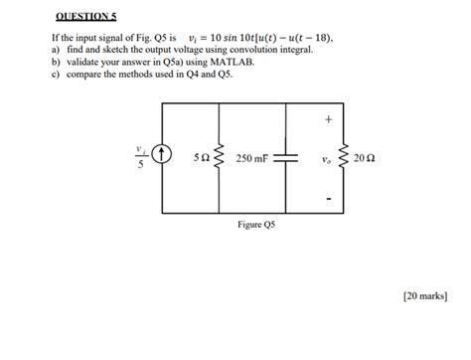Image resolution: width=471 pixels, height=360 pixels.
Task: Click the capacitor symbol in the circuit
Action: (285, 157)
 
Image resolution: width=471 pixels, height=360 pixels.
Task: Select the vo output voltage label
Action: (328, 158)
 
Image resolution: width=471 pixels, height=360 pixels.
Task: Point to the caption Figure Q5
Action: (256, 226)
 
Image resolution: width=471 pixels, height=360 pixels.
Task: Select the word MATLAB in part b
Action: (213, 62)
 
